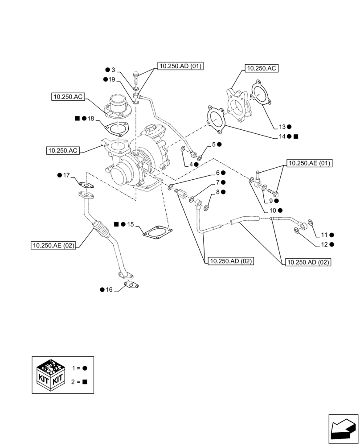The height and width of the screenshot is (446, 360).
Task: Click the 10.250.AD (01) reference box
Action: [180, 66]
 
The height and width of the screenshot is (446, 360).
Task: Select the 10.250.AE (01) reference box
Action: [310, 163]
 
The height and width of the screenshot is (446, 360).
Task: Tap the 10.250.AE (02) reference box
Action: [53, 245]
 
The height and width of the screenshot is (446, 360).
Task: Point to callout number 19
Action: [111, 79]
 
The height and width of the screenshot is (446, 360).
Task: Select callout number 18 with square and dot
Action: [91, 119]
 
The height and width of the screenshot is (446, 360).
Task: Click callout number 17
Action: [66, 175]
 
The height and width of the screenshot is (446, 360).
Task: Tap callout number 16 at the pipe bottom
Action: [109, 289]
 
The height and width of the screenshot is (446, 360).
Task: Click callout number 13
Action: [282, 126]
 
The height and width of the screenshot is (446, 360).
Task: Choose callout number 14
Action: [282, 136]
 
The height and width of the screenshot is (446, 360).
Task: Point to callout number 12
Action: [324, 244]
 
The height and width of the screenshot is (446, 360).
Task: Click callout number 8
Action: [218, 192]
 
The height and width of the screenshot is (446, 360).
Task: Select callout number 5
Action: [214, 144]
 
